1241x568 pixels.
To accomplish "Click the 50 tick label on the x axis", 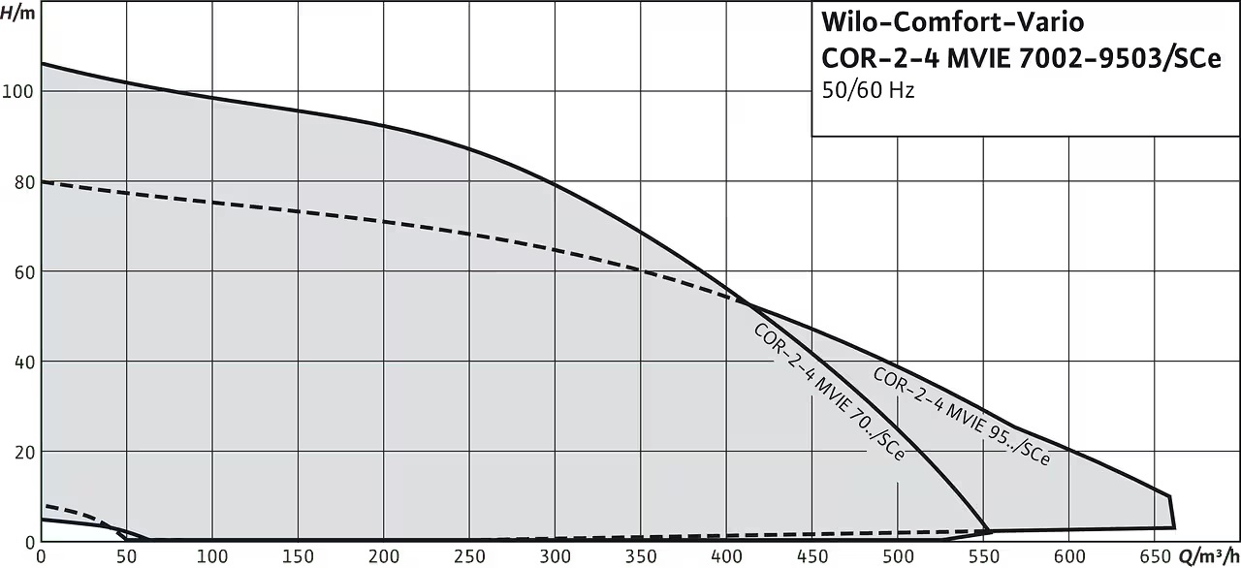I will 126,557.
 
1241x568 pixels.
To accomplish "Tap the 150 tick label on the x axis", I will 298,557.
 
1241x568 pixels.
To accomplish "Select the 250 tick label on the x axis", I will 469,557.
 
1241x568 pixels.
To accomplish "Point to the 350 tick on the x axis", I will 641,557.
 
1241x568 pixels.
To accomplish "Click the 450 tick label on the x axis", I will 812,557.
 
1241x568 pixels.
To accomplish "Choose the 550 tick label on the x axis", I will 984,557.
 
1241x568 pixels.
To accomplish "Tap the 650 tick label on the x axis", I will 1155,557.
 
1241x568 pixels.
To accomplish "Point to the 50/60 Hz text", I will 868,90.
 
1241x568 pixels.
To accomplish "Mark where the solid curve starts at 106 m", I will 42,64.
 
